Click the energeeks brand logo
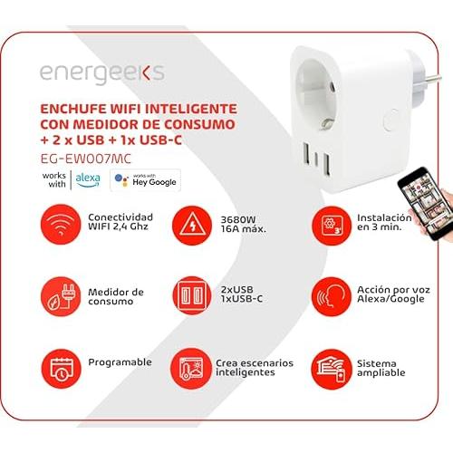pyautogui.click(x=102, y=73)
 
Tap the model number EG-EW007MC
pyautogui.click(x=86, y=159)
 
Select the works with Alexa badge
pyautogui.click(x=72, y=180)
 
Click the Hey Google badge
pyautogui.click(x=145, y=180)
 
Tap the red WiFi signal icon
pyautogui.click(x=61, y=225)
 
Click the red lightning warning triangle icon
pyautogui.click(x=192, y=226)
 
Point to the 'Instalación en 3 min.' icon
pyautogui.click(x=332, y=226)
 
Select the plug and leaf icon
pyautogui.click(x=61, y=296)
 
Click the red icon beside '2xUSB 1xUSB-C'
pyautogui.click(x=192, y=295)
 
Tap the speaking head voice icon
pyautogui.click(x=332, y=296)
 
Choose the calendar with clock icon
pyautogui.click(x=62, y=369)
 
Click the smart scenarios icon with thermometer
pyautogui.click(x=191, y=369)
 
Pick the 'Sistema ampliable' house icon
pyautogui.click(x=332, y=369)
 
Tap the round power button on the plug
pyautogui.click(x=390, y=120)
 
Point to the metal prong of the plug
pyautogui.click(x=433, y=80)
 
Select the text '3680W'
pyautogui.click(x=238, y=219)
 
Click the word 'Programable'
pyautogui.click(x=120, y=362)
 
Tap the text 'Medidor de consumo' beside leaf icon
pyautogui.click(x=116, y=296)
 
